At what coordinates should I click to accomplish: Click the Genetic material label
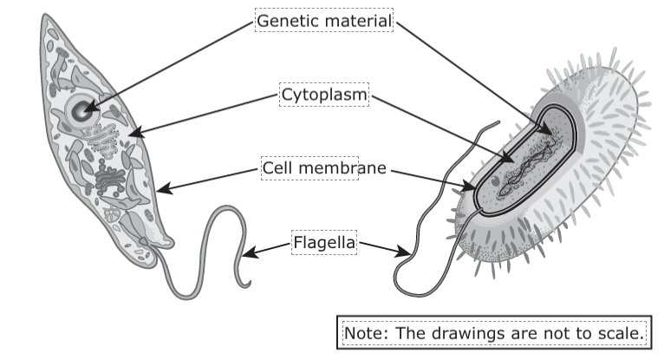324,20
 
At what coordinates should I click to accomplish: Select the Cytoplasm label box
324,94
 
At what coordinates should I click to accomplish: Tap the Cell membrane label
324,167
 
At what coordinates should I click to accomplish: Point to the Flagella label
324,243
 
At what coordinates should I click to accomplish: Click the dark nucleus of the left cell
83,110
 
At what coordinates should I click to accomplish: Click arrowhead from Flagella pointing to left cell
246,254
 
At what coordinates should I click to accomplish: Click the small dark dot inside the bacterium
495,182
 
